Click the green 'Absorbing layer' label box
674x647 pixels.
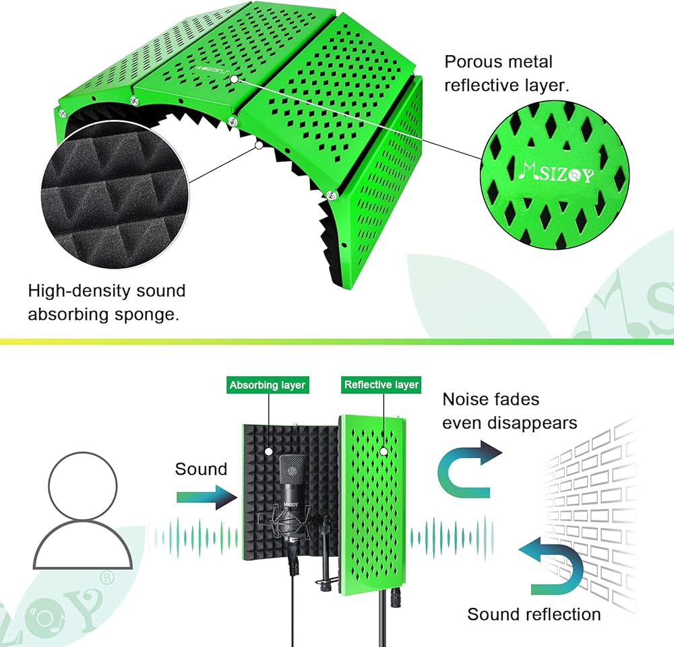pyautogui.click(x=268, y=385)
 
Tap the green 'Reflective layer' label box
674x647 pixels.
pyautogui.click(x=381, y=384)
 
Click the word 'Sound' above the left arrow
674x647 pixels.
pyautogui.click(x=201, y=469)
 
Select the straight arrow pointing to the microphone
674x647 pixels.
pyautogui.click(x=207, y=497)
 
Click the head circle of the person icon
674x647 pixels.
pyautogui.click(x=82, y=486)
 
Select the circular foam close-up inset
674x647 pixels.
pyautogui.click(x=115, y=195)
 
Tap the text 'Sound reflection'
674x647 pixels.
pyautogui.click(x=534, y=615)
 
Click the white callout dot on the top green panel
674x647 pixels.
pyautogui.click(x=234, y=79)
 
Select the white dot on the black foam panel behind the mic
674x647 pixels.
pyautogui.click(x=269, y=451)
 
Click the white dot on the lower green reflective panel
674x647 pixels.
pyautogui.click(x=384, y=451)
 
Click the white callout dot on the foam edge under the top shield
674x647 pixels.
pyautogui.click(x=259, y=145)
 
